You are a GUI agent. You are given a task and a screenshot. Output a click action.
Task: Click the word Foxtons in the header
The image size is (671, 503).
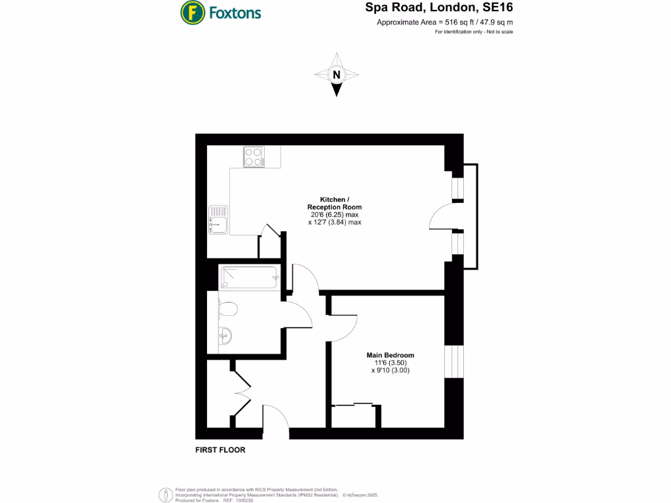click(235, 12)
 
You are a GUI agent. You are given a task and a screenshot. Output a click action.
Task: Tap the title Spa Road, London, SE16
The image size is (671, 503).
click(438, 9)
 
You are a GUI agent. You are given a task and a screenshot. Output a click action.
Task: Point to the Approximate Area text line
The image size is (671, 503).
click(444, 22)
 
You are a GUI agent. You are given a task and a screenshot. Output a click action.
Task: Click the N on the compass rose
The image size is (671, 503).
click(336, 75)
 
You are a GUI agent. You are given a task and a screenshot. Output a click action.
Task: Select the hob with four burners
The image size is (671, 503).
click(254, 156)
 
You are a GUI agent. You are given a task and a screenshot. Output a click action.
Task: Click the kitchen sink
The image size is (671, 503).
click(217, 219)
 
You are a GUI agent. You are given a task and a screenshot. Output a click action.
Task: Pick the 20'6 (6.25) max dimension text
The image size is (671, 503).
click(334, 215)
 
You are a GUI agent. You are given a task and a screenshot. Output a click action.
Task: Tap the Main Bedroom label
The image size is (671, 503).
click(390, 356)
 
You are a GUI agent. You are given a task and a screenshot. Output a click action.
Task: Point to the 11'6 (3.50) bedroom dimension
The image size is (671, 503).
click(390, 363)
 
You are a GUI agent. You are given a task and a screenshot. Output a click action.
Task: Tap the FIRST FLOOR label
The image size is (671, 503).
click(220, 451)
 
